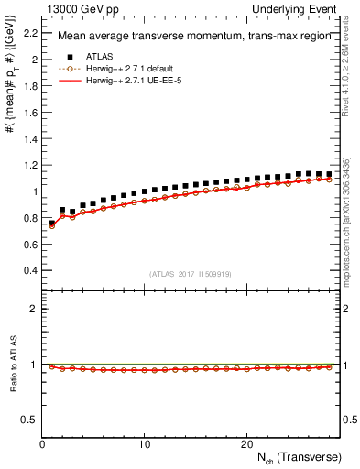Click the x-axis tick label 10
coord(145,443)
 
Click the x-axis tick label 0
coord(43,443)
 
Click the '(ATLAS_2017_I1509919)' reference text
coord(189,274)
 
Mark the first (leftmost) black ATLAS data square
coord(52,223)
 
